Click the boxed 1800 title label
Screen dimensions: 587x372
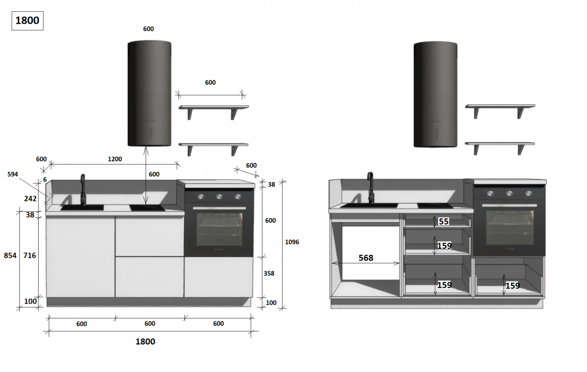tap(27, 21)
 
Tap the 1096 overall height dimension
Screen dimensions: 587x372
tap(292, 242)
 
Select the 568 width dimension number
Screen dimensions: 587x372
tap(366, 258)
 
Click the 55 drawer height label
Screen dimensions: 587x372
tap(444, 221)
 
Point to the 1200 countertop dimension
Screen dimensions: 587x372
tap(115, 159)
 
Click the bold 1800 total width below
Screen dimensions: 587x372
tap(145, 341)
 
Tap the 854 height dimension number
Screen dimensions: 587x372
tap(10, 255)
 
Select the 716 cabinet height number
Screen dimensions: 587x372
tap(30, 255)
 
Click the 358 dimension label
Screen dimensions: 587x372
tap(269, 273)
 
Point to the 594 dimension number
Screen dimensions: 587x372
tap(12, 174)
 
